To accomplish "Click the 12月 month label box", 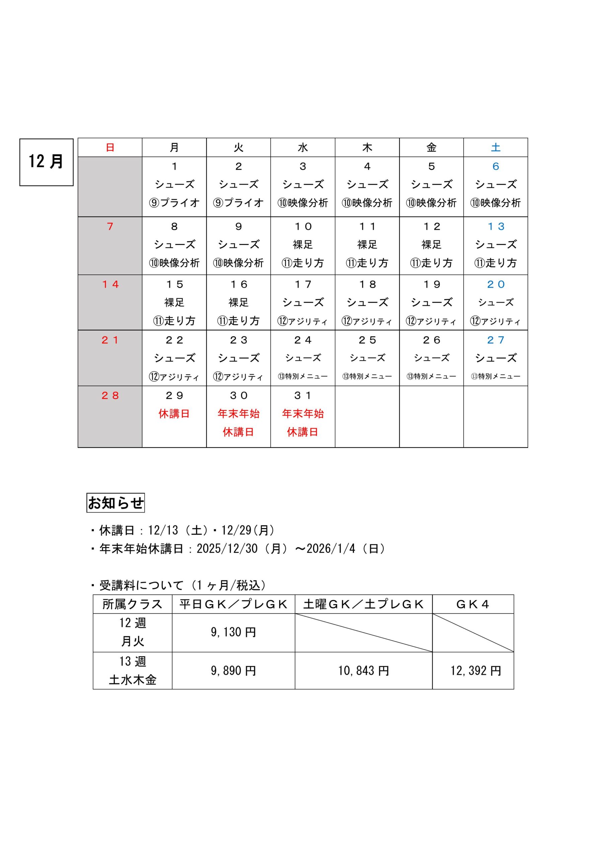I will (x=46, y=162).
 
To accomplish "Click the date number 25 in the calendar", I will (x=367, y=340).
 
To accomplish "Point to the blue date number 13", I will (x=496, y=227).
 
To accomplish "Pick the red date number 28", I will (x=110, y=396).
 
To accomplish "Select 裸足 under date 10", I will (x=302, y=244).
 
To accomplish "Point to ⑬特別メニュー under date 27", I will (x=496, y=376).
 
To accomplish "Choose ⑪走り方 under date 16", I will (x=238, y=321).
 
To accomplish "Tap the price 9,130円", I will (x=233, y=632).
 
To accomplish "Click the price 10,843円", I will (x=363, y=671).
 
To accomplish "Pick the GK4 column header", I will (x=473, y=604).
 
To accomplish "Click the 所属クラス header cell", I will (x=132, y=604).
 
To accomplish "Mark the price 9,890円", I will (x=233, y=671).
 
